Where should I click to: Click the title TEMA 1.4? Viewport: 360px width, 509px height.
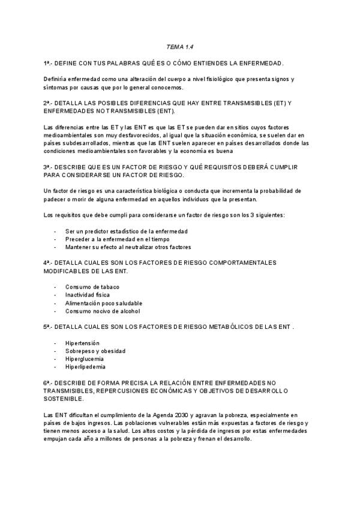(179, 46)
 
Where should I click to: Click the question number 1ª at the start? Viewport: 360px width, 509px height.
(47, 63)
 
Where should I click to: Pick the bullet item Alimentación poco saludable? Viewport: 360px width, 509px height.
(104, 303)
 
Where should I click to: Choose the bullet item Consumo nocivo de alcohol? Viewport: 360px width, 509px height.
(102, 311)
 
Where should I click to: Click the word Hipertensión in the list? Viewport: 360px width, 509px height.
(82, 343)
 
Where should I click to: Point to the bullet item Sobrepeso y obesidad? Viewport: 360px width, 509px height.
(95, 351)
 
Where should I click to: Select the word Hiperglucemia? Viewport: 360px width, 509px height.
(85, 358)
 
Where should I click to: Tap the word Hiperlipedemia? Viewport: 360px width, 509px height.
(85, 366)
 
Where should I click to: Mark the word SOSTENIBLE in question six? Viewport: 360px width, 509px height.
(63, 398)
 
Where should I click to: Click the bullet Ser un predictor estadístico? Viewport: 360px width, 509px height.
(126, 231)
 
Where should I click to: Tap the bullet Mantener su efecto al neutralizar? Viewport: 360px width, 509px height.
(128, 247)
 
